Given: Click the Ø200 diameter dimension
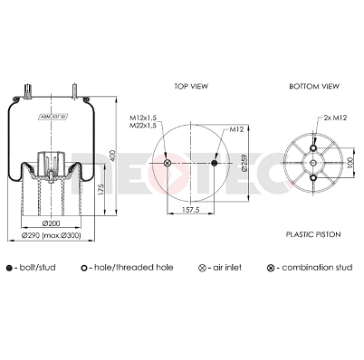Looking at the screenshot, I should pos(52,223).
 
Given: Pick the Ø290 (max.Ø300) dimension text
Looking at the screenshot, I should pos(52,236).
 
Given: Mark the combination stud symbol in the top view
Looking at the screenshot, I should pos(167,163).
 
